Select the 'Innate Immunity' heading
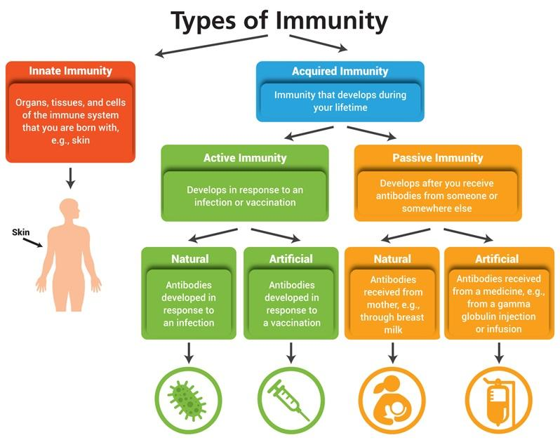70,71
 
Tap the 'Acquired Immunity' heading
340,71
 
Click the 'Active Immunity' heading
244,157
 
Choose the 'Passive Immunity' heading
438,157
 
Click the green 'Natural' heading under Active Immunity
189,259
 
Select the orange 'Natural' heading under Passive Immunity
393,259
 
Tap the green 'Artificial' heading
291,259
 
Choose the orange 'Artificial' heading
496,259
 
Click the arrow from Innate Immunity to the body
69,178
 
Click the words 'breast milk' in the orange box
393,322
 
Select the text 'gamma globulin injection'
496,309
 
